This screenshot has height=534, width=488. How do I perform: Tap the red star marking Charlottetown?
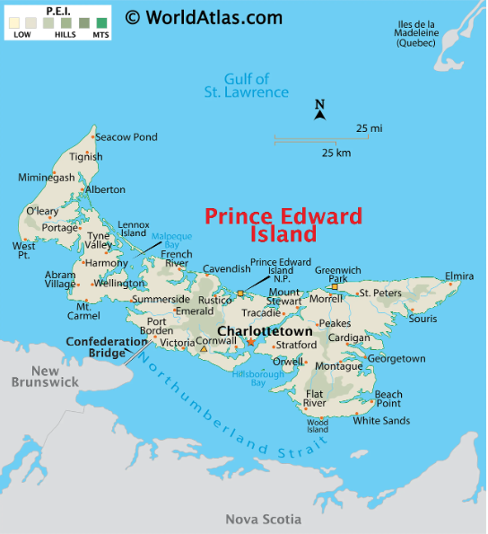click(x=251, y=341)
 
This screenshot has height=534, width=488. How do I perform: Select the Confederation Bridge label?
click(x=106, y=347)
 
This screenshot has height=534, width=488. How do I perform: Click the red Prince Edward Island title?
click(x=283, y=225)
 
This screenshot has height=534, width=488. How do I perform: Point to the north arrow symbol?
click(x=319, y=109)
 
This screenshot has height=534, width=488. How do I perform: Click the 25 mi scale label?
click(x=369, y=128)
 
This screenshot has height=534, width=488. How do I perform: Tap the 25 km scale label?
click(x=336, y=153)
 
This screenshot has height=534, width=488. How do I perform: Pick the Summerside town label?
click(x=161, y=299)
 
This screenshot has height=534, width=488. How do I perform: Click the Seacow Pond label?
click(x=126, y=137)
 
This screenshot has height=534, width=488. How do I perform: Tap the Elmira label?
click(x=458, y=276)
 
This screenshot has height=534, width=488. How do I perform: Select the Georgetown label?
click(x=396, y=358)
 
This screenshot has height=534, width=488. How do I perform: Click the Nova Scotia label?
click(x=263, y=520)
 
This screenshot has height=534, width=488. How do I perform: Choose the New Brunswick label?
click(x=45, y=376)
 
